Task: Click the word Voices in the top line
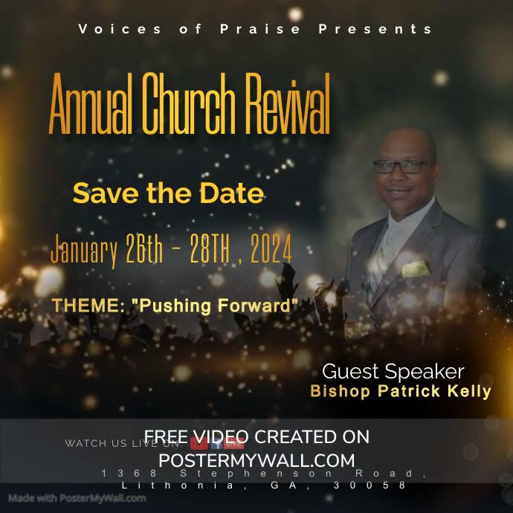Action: click(110, 30)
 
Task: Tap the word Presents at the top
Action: click(375, 30)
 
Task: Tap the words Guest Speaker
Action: click(393, 372)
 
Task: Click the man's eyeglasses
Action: click(402, 167)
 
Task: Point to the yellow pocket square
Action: click(415, 268)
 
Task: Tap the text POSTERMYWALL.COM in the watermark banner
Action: click(256, 460)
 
